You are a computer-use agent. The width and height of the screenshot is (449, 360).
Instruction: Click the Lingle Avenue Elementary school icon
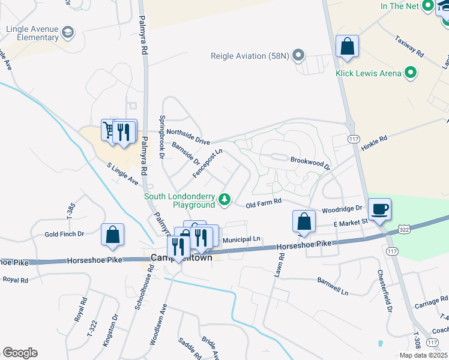click(x=68, y=31)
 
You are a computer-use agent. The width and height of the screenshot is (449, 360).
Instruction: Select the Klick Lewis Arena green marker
click(x=411, y=74)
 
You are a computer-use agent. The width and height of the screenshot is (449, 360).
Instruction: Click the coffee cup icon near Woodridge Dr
click(x=379, y=209)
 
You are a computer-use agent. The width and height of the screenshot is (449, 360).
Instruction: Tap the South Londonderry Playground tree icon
click(x=224, y=200)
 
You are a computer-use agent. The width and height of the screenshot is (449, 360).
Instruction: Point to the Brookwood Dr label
click(x=310, y=163)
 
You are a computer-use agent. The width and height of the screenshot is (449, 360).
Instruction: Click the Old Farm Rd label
click(x=264, y=205)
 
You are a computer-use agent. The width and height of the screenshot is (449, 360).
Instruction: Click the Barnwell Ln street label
click(x=332, y=286)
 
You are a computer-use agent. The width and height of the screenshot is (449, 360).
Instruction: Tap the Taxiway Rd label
click(x=409, y=47)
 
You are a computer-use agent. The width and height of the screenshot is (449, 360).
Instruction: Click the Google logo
click(x=20, y=353)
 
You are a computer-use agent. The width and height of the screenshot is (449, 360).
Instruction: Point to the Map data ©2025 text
click(x=423, y=355)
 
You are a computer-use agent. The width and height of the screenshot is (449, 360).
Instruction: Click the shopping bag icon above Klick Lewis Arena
click(x=347, y=47)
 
